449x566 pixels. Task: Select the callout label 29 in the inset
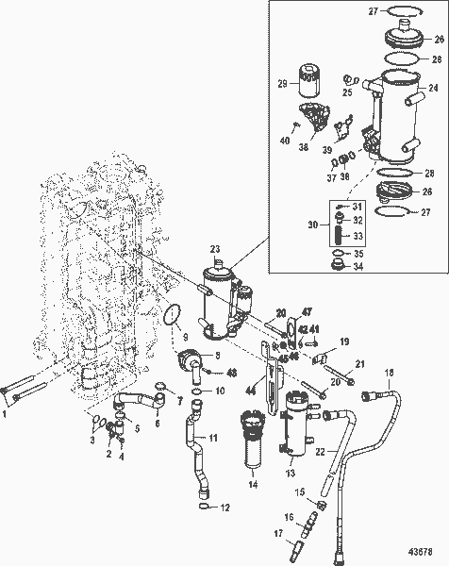(282, 85)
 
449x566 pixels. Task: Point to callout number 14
(253, 483)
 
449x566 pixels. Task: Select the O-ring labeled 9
(171, 315)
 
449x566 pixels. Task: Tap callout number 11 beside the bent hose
(213, 438)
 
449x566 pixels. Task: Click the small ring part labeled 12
(206, 509)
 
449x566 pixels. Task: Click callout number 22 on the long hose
(321, 452)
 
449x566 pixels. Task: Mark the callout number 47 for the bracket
(307, 311)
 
